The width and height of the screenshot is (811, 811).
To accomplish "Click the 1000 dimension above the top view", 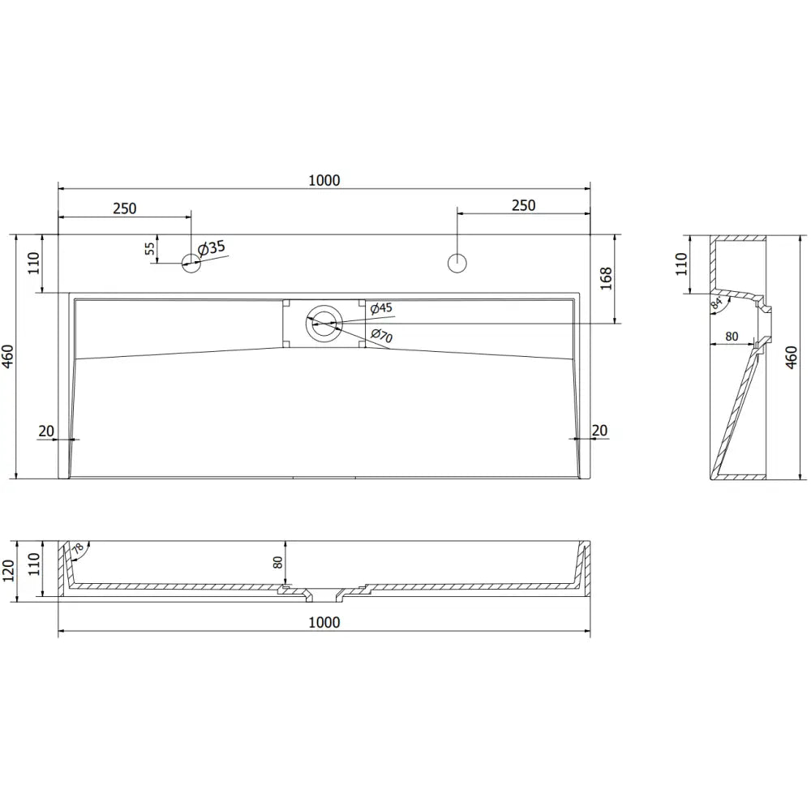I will point(324,180).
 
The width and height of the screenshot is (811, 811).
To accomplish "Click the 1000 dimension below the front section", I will point(324,622).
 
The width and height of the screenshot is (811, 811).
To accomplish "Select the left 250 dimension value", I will point(124,208).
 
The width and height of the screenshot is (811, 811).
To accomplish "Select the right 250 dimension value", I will point(523,205).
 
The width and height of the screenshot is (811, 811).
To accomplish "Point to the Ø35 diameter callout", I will point(211,248).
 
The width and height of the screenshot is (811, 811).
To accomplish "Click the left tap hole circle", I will point(191,262).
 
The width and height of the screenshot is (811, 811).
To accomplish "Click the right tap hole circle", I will point(457,262).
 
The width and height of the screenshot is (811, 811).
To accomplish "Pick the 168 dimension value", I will point(605,277).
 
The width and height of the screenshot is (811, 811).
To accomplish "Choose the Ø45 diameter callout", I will point(380,308).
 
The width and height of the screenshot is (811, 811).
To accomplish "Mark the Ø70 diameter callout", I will point(380,334).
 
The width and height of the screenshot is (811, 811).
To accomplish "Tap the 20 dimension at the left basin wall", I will point(47,430).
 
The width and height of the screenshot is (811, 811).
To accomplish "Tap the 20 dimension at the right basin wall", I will point(600,430).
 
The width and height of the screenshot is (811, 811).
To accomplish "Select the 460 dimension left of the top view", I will point(9,355).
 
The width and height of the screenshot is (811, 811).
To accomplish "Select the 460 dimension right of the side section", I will point(792,355).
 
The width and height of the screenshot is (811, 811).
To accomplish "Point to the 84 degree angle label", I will point(716,304).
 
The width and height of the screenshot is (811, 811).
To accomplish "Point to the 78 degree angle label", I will point(76,550).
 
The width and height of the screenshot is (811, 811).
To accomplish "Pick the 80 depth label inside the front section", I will point(277,562).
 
